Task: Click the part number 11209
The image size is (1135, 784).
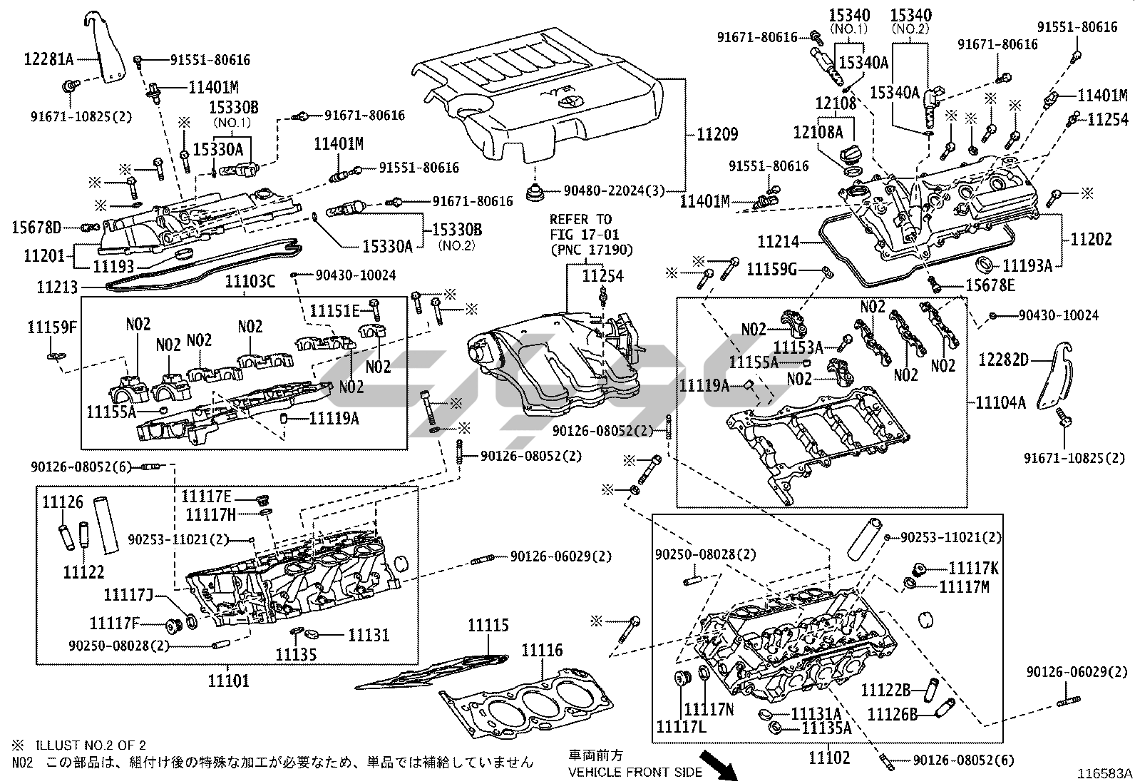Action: click(x=717, y=133)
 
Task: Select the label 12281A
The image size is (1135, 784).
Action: click(x=39, y=58)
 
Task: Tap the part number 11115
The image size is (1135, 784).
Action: click(x=488, y=626)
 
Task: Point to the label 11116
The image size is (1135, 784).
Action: click(x=542, y=650)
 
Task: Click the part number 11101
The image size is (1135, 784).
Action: click(x=229, y=681)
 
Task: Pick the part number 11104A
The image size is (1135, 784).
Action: click(x=1001, y=402)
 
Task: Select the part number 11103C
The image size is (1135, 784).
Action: click(x=250, y=281)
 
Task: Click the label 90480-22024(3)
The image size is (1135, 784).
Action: click(x=614, y=190)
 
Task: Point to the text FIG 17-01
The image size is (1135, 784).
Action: click(x=585, y=234)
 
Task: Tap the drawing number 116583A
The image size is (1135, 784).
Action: click(x=1104, y=773)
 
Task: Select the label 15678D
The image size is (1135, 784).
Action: click(x=36, y=228)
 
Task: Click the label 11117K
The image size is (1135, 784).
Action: click(x=974, y=568)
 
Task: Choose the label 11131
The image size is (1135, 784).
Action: click(x=369, y=634)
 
